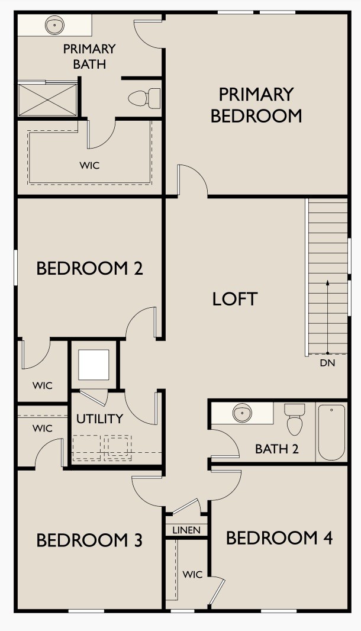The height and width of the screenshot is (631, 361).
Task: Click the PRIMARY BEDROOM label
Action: [256, 105]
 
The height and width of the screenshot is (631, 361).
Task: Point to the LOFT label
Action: [235, 299]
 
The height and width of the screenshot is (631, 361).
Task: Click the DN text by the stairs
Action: [327, 363]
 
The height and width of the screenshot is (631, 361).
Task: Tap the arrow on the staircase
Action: [327, 314]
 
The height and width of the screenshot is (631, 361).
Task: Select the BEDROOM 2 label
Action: [89, 268]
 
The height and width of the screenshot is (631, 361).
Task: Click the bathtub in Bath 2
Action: [331, 432]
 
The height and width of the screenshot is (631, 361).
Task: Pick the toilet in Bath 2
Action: [294, 418]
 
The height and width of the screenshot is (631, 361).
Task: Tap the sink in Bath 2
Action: [241, 413]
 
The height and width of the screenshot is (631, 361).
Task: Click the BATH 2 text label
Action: [276, 449]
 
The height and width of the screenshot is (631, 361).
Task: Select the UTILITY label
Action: [99, 418]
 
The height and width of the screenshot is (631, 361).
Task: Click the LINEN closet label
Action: [186, 530]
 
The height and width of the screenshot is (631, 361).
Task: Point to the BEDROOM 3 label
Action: [89, 540]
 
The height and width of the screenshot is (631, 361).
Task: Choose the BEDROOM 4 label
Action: [279, 538]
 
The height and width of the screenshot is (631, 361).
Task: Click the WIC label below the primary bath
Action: [89, 165]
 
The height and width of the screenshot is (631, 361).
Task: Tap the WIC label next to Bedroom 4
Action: [192, 574]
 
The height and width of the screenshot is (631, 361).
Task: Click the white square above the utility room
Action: [94, 365]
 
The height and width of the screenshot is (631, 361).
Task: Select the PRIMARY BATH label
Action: [89, 56]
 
